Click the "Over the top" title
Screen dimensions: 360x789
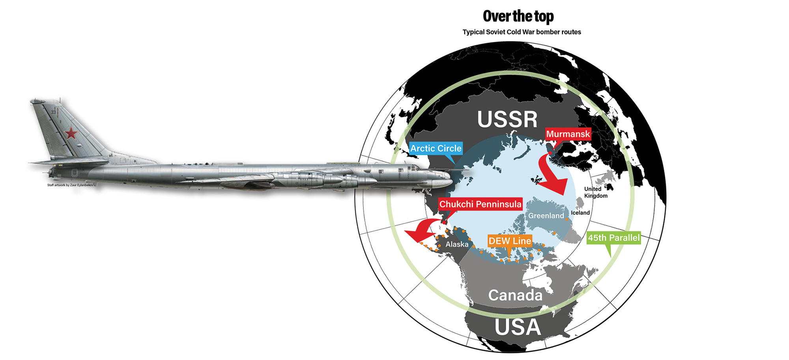click(518, 16)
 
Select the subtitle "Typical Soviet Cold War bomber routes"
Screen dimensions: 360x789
click(522, 32)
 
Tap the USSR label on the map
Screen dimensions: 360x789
click(507, 119)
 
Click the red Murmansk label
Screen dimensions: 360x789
click(568, 134)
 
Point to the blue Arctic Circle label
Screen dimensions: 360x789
click(436, 148)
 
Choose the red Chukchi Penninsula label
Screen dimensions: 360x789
click(480, 204)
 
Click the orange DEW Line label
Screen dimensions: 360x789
click(510, 241)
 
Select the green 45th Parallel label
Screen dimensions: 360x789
click(613, 238)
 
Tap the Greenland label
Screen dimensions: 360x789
click(546, 216)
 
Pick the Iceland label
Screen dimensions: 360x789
click(580, 213)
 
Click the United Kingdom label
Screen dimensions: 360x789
click(595, 192)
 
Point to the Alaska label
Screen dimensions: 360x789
click(457, 244)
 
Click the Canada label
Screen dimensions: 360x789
click(515, 295)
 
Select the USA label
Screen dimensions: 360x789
click(518, 327)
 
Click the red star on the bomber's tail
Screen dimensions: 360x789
click(71, 133)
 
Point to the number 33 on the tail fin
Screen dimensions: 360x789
click(53, 112)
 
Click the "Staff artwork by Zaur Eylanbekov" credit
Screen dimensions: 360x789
click(71, 185)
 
